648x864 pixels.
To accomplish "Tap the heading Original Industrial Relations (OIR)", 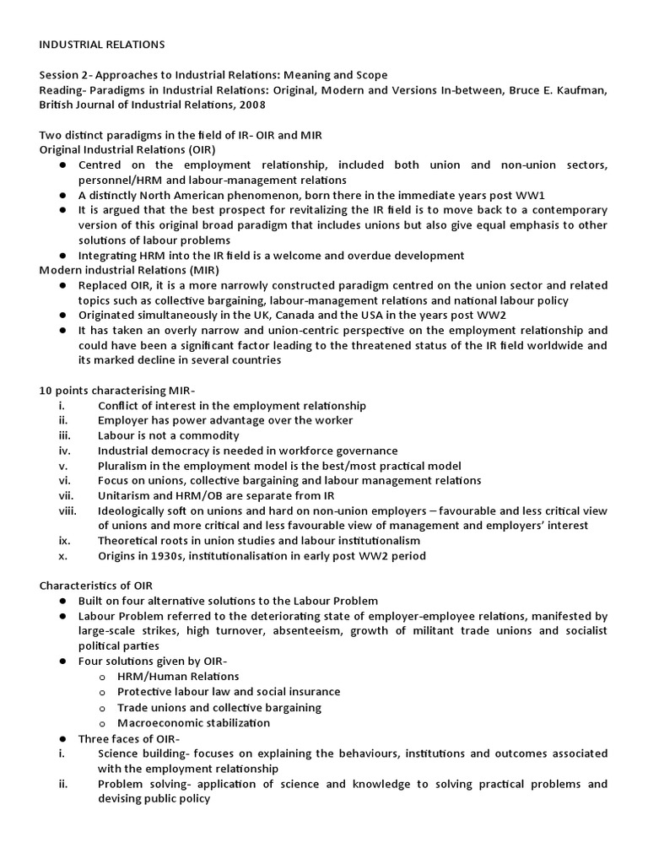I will pos(120,149).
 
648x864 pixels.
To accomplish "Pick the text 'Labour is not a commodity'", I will pos(169,436).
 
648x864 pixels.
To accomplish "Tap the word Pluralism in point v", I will pos(125,466).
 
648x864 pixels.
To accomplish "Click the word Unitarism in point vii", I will pos(127,496).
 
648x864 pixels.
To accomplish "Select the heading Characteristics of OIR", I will pos(96,586).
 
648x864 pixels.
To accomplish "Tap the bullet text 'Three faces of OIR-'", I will pos(130,738).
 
